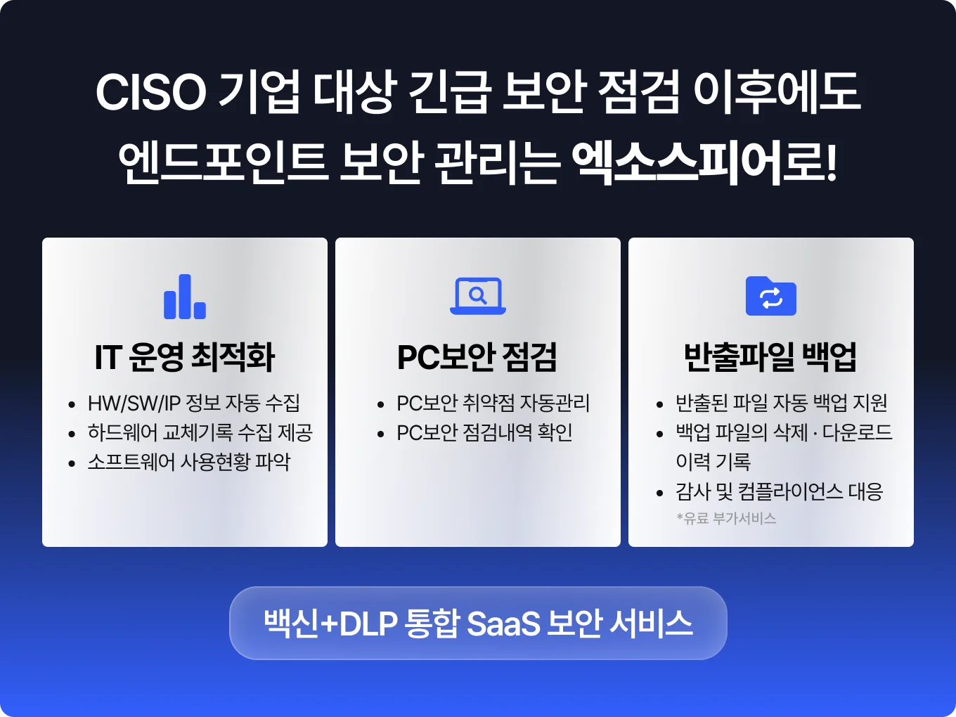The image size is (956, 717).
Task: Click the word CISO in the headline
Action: click(151, 92)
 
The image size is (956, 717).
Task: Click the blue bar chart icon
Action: click(184, 297)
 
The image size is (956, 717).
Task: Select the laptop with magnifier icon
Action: click(478, 296)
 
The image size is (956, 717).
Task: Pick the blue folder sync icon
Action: click(770, 296)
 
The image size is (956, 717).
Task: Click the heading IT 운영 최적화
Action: click(185, 357)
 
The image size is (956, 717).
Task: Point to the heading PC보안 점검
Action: click(477, 357)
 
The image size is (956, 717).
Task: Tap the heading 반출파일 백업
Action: click(770, 357)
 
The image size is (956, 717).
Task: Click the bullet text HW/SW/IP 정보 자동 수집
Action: click(194, 403)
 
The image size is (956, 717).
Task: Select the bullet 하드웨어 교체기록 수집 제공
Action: click(200, 432)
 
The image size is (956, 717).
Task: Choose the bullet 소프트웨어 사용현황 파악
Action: click(188, 462)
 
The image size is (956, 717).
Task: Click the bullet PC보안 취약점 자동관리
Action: click(493, 403)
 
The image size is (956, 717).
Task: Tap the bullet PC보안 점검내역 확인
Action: click(484, 432)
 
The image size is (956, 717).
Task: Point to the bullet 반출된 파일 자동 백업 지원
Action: click(781, 403)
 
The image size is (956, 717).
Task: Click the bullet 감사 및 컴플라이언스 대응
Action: click(779, 491)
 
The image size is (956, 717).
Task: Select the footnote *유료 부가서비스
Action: click(726, 519)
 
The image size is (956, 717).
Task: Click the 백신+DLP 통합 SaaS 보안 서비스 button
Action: click(478, 624)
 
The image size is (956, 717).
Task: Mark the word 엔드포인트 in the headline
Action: click(224, 163)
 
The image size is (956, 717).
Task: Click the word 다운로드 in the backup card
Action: click(857, 432)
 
